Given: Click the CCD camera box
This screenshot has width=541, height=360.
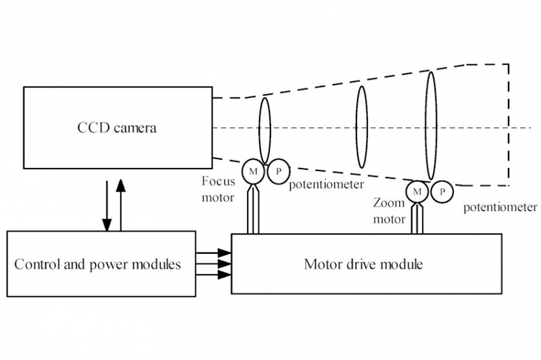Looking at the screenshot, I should coord(118,128).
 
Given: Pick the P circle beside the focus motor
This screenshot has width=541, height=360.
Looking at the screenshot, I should coord(278,171).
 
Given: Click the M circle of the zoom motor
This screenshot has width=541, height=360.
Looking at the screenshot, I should coord(418,191).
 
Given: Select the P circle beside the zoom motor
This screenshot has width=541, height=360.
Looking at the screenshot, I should coord(442,191).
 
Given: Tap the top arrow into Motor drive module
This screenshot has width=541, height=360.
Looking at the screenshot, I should coord(214,253).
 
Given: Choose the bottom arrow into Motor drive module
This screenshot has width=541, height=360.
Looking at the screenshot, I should coord(214,275).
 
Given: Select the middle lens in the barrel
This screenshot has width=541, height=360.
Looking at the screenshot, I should coord(362,127).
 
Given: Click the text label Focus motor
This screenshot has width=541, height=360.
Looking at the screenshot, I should coord(218,189).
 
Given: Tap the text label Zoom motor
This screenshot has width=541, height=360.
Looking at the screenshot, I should coord(389,211).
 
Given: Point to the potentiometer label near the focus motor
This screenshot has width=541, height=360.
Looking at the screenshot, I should coord(326,184).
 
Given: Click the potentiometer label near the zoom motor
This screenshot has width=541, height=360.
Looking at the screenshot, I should coord(500,207).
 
